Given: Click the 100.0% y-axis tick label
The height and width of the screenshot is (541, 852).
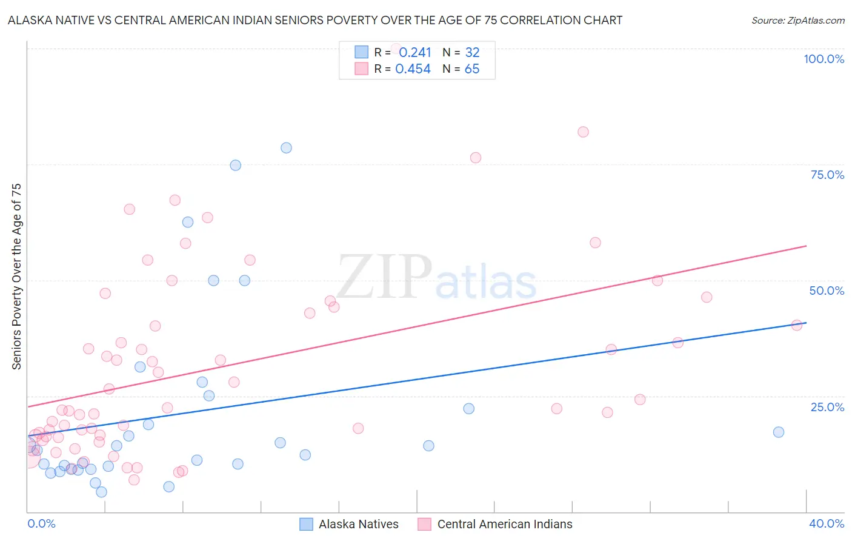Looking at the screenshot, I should [824, 59].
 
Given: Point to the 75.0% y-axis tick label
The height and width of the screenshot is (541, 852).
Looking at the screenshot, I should [827, 175].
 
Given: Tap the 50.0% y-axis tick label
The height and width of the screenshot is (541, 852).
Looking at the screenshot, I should [827, 291].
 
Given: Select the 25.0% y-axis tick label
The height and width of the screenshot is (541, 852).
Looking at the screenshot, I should [827, 407].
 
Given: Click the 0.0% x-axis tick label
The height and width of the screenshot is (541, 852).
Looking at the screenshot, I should [41, 523].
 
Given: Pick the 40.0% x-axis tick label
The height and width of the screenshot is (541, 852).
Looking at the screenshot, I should [826, 523].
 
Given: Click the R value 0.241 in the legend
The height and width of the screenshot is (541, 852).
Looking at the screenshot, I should [414, 52].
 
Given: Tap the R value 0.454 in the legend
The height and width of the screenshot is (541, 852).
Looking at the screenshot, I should [413, 69].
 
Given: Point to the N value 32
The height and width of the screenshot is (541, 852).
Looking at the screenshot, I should [472, 52].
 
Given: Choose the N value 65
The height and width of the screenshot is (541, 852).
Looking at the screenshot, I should [472, 69].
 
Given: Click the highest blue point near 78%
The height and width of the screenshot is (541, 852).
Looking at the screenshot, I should [286, 148].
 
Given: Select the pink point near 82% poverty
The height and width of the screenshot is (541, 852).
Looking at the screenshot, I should [583, 132].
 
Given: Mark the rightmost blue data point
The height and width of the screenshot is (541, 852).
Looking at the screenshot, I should [779, 432].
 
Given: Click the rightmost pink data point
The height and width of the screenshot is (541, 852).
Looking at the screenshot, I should [797, 325].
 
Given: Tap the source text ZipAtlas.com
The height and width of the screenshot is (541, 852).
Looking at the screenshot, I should [797, 21].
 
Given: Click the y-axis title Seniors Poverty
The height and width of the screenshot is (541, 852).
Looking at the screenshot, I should [16, 277].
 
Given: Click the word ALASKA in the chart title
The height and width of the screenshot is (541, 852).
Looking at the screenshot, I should [28, 21].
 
